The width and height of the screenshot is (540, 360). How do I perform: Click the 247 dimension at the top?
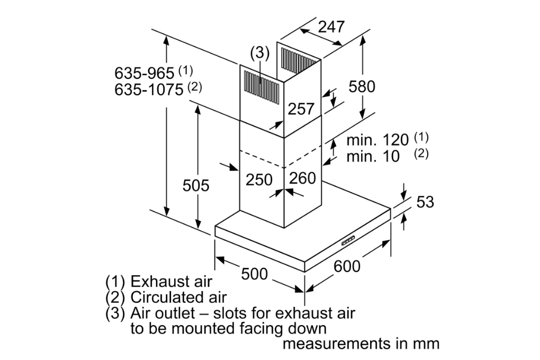331,27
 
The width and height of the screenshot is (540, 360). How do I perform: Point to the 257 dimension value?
301,109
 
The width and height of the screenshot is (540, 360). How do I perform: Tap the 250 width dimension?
259,179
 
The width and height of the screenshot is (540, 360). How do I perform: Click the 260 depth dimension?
303,178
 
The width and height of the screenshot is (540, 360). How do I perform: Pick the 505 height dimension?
196,186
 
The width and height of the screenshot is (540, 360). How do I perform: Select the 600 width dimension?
347,267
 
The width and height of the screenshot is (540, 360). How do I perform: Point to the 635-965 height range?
144,73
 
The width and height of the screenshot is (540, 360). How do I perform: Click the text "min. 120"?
377,140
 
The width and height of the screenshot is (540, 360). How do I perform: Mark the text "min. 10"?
373,157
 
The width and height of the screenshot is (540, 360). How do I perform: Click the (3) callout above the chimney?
259,53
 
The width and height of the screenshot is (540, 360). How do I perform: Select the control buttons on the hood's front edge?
348,241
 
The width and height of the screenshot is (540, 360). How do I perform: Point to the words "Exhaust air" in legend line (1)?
172,281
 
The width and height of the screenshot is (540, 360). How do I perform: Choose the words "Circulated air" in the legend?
178,297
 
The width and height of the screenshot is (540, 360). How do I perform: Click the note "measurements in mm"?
361,344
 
